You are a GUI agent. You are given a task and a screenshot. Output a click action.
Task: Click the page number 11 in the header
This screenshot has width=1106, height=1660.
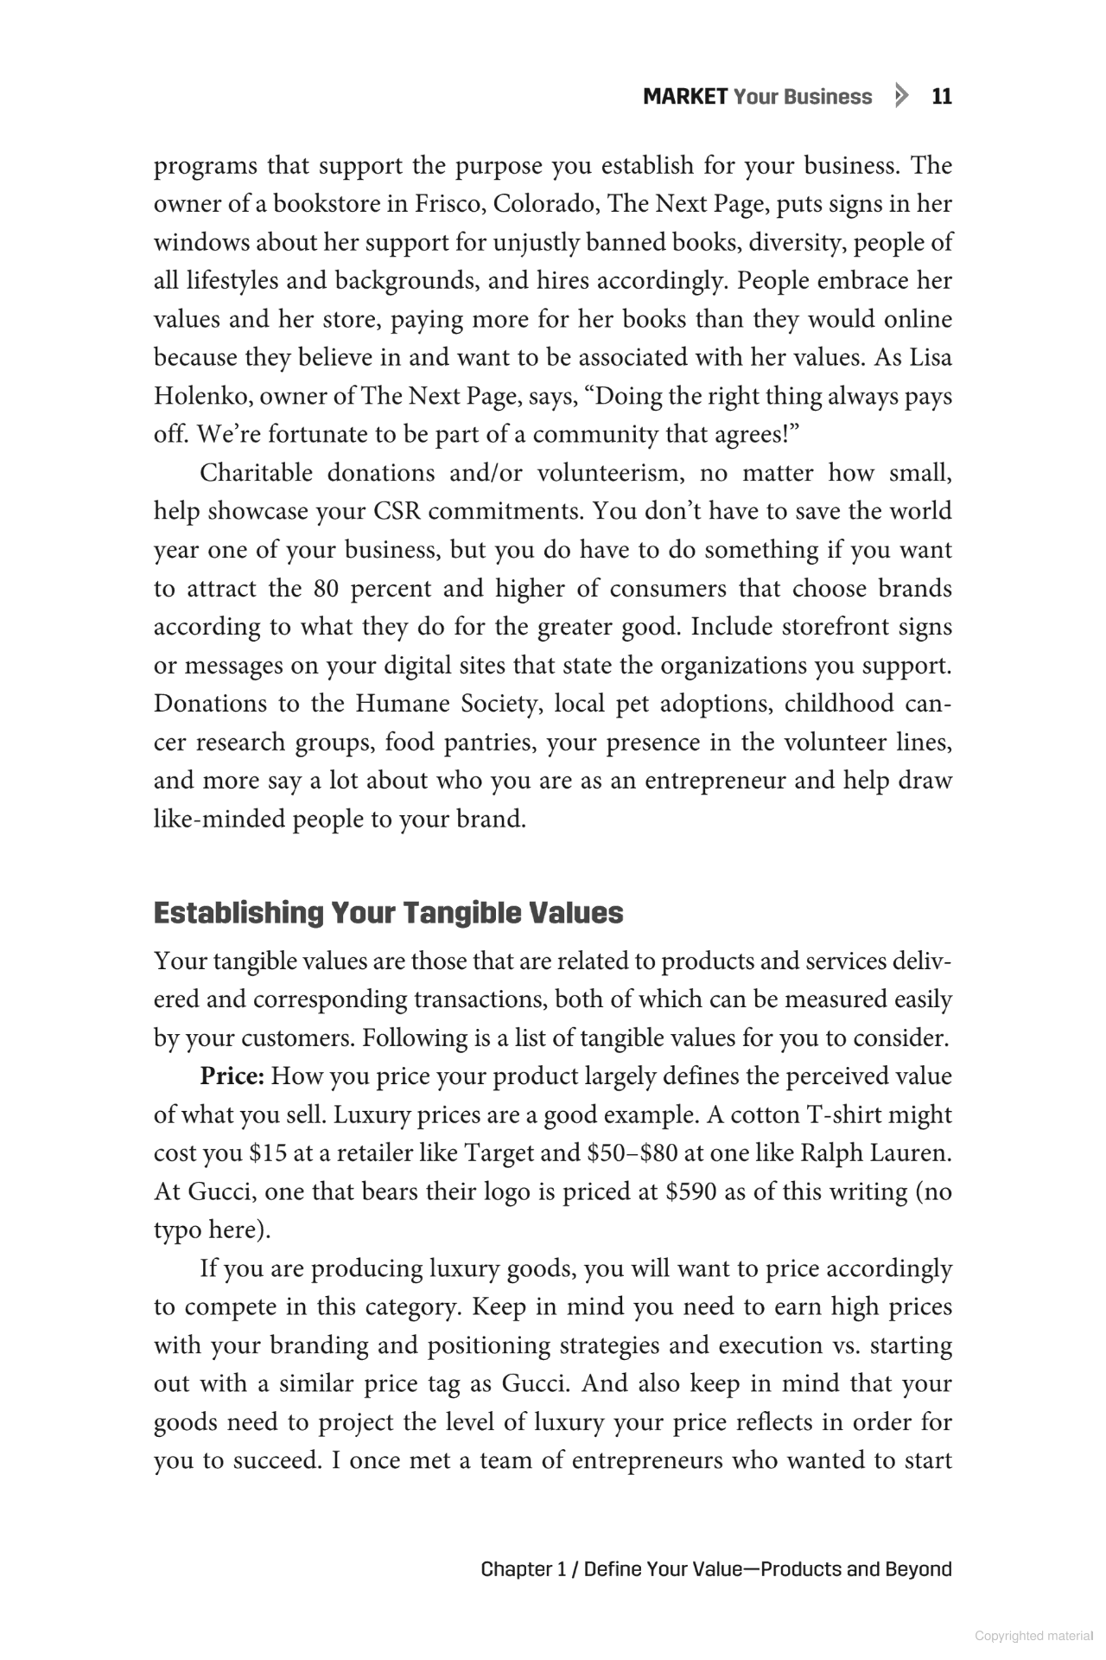942,97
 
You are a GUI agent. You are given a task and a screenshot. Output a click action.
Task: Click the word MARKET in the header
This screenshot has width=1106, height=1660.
685,97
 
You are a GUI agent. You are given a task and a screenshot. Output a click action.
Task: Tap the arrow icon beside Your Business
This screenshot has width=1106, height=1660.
902,96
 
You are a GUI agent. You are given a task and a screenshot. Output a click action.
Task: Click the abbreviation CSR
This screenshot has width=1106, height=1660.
397,512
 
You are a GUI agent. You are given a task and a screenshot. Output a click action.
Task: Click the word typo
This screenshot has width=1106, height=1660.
178,1231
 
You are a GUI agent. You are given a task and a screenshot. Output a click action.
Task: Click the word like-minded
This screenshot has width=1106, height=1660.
219,819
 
